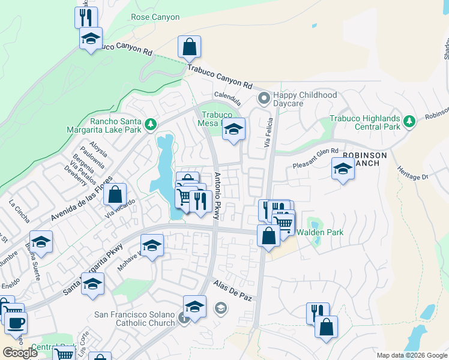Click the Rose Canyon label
[155, 17]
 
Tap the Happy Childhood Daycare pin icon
[262, 97]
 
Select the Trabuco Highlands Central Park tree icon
[409, 122]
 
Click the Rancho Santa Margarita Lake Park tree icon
[150, 125]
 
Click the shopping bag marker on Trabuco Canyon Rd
[189, 47]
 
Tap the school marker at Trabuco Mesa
[234, 128]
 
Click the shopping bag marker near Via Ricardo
[115, 194]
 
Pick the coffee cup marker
[16, 323]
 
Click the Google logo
[20, 353]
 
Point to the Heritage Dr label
[412, 172]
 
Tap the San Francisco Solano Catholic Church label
[135, 319]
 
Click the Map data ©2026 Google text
[412, 355]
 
